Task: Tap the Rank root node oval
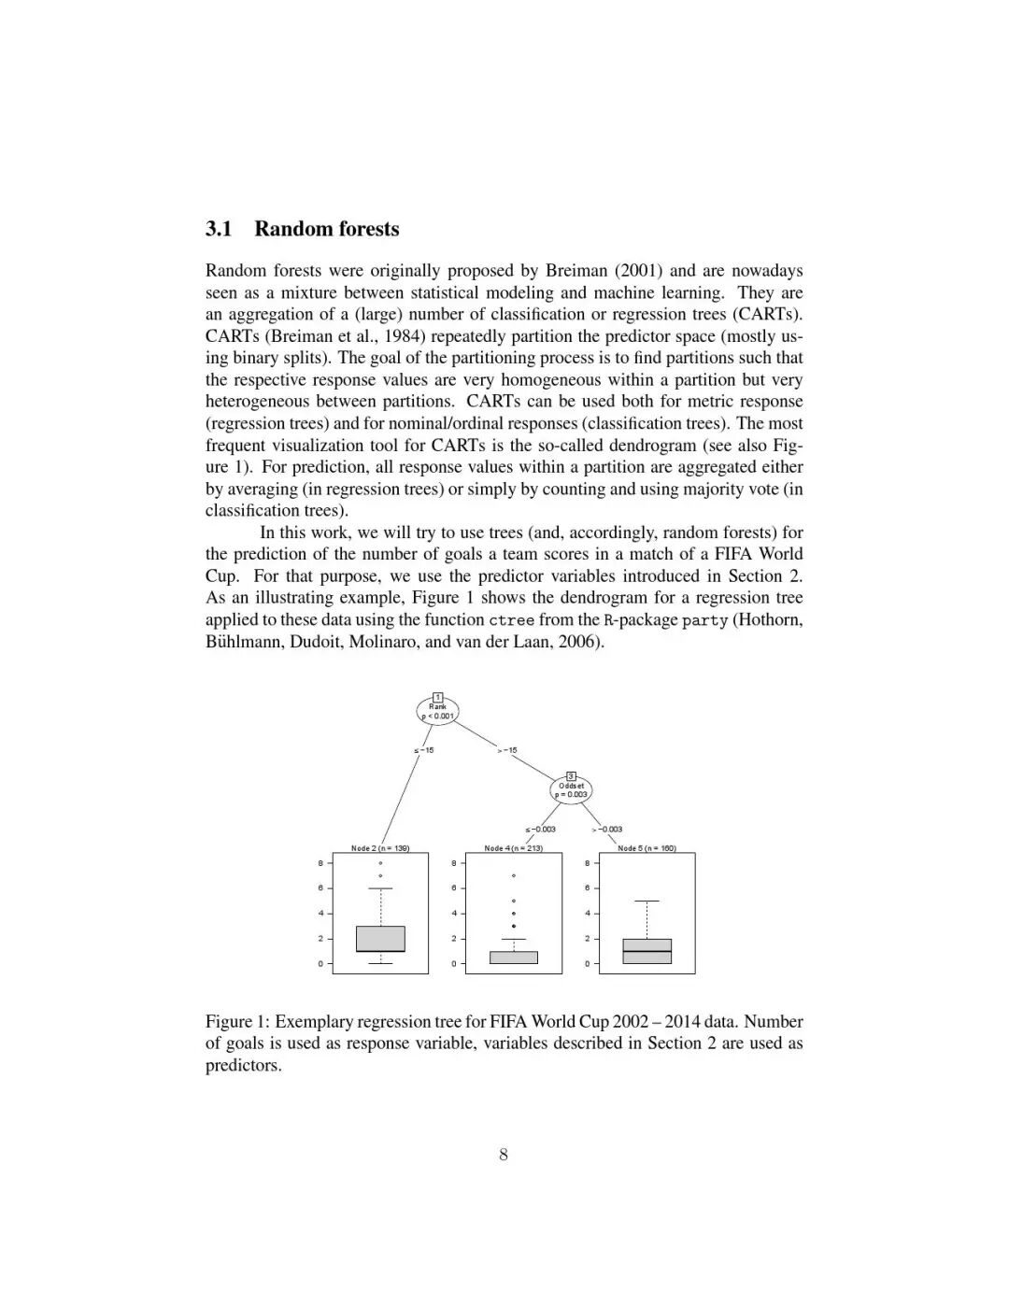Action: click(437, 712)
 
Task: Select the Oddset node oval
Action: click(571, 790)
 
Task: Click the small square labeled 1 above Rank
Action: click(437, 698)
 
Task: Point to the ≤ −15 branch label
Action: click(423, 750)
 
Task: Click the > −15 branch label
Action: click(507, 750)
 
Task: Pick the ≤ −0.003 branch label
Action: click(540, 829)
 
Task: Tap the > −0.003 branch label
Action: click(607, 829)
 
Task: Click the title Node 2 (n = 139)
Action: click(380, 848)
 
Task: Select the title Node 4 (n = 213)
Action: click(514, 848)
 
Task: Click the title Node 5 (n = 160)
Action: click(647, 848)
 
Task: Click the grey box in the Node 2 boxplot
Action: click(380, 939)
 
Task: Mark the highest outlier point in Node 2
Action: click(380, 863)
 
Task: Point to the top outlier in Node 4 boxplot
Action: click(514, 875)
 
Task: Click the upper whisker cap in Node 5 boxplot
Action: click(647, 901)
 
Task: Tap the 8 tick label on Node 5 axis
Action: click(587, 863)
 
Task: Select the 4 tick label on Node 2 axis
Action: click(320, 913)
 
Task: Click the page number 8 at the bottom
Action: click(504, 1155)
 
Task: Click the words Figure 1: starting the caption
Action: click(237, 1022)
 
